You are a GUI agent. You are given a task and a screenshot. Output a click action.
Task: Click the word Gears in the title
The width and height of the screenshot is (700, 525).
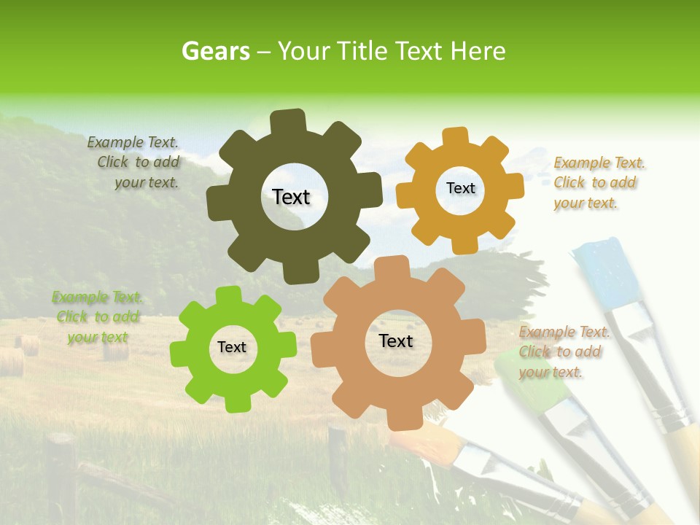click(215, 51)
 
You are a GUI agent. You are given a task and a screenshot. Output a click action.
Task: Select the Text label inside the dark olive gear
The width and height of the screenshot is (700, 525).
click(291, 197)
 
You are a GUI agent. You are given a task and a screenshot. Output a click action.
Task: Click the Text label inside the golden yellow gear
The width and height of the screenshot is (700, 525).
click(460, 188)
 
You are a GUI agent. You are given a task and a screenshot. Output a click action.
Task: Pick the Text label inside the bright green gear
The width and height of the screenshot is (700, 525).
click(232, 348)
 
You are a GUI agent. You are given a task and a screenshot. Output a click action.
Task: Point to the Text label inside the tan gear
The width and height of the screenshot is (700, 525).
click(396, 341)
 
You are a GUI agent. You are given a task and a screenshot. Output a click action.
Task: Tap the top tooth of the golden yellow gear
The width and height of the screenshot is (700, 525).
click(455, 136)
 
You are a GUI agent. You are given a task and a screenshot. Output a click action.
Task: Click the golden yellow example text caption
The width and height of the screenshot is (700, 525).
click(599, 183)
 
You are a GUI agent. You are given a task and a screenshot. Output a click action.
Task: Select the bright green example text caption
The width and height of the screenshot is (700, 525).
click(97, 317)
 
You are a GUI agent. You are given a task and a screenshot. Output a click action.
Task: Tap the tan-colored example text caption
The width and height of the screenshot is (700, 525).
click(564, 352)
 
